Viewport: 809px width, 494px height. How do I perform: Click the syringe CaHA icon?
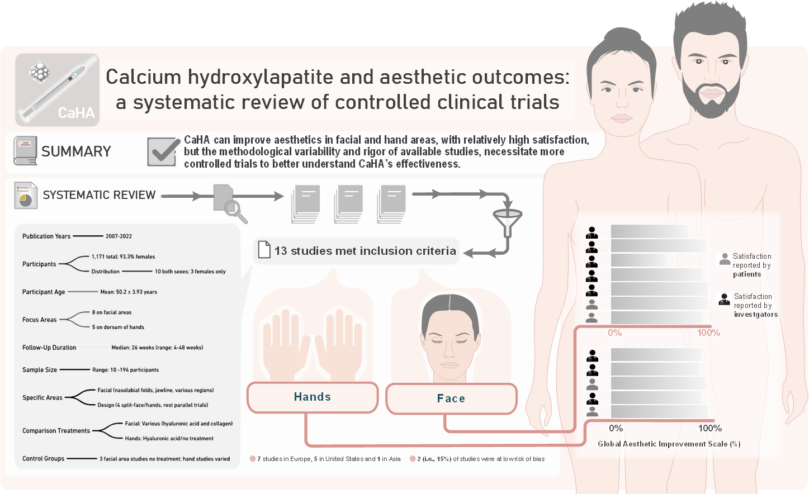tap(57, 89)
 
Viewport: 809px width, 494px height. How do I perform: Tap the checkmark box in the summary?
tap(163, 151)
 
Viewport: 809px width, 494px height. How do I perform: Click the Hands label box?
tap(313, 397)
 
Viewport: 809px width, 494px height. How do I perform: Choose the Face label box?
tap(451, 399)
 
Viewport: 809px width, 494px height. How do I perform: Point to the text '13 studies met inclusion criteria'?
tap(365, 251)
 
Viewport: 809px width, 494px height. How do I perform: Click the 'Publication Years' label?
tap(46, 236)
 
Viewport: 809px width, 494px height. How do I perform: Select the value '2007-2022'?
tap(119, 236)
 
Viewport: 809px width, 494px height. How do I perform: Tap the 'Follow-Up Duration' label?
tap(49, 348)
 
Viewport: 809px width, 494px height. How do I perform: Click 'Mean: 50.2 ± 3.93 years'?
tap(129, 292)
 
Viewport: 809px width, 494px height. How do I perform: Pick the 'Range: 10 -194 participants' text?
tap(125, 370)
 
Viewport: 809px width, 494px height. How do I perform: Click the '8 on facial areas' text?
tap(112, 312)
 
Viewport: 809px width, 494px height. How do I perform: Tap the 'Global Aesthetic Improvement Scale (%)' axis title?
tap(669, 444)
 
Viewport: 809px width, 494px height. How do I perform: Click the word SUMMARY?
tap(76, 151)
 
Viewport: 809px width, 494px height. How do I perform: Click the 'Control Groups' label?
tap(43, 459)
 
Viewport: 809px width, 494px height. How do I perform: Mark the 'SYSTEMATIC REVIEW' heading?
tap(99, 195)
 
